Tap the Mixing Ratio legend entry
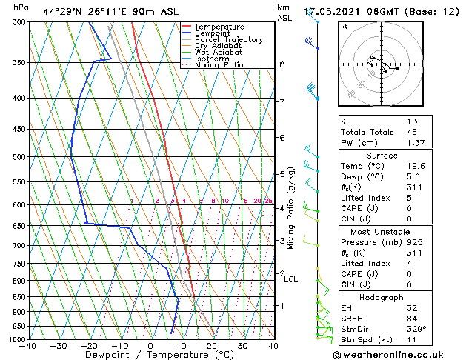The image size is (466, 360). coord(219,65)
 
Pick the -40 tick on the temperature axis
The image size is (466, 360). coord(29,346)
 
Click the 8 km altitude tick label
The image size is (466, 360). coord(282,64)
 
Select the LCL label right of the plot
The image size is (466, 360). coord(290,279)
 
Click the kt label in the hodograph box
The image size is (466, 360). coord(344,27)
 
